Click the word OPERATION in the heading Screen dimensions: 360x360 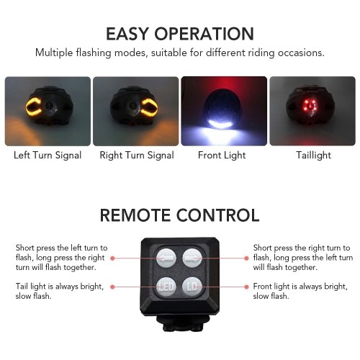pos(204,34)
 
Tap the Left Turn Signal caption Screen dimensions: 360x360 pos(48,156)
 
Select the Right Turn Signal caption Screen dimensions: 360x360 pos(137,156)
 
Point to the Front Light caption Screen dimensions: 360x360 pos(222,156)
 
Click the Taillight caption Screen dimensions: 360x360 pos(313,156)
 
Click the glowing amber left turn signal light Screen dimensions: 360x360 pos(34,107)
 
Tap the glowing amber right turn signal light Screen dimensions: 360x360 pos(149,107)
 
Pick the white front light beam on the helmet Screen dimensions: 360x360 pos(220,122)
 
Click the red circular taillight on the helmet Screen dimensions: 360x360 pos(310,105)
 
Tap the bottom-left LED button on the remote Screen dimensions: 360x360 pos(166,287)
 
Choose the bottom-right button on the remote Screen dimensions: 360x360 pos(192,287)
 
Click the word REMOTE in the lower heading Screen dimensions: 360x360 pos(135,215)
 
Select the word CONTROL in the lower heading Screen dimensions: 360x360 pos(218,215)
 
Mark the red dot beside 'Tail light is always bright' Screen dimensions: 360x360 pos(112,287)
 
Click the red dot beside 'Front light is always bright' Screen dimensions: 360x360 pos(246,287)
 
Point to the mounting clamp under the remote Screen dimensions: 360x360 pos(183,323)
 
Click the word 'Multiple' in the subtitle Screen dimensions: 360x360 pos(54,53)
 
